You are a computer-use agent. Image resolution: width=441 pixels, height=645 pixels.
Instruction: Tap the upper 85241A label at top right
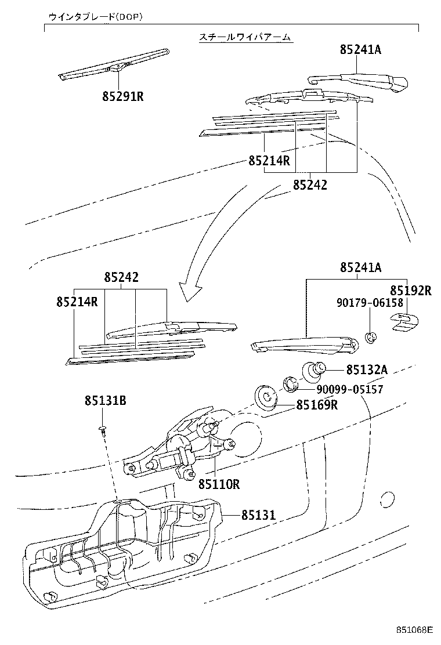[x=360, y=50]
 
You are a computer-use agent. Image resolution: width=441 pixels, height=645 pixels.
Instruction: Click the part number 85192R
[x=410, y=291]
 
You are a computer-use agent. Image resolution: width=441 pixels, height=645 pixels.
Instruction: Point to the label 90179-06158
[x=369, y=303]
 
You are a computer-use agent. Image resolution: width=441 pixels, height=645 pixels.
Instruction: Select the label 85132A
[x=366, y=369]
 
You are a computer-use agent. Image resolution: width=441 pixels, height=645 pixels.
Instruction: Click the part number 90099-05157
[x=349, y=389]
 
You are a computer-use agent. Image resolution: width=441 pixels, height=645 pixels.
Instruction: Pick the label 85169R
[x=317, y=405]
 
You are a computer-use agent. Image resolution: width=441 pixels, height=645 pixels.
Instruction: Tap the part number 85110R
[x=219, y=483]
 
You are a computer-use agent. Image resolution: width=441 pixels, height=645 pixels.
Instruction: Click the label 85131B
[x=106, y=400]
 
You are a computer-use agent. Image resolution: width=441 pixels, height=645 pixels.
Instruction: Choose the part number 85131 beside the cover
[x=258, y=514]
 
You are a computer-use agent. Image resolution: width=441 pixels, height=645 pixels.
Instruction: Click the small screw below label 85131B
[x=102, y=429]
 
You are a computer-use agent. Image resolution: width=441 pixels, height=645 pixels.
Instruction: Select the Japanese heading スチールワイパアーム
[x=244, y=37]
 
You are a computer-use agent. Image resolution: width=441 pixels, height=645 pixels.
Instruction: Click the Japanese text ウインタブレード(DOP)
[x=96, y=17]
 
